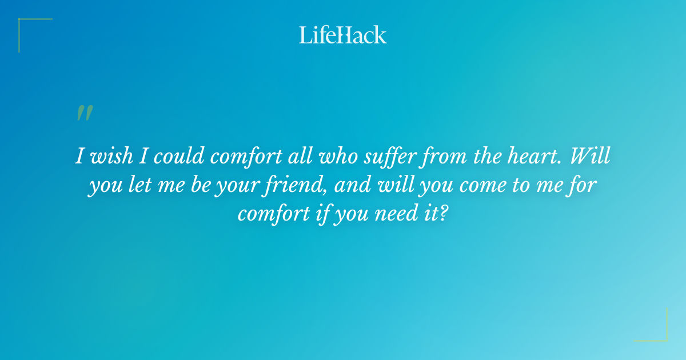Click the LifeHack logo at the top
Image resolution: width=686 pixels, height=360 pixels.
[343, 35]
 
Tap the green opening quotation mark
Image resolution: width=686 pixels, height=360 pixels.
[84, 113]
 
